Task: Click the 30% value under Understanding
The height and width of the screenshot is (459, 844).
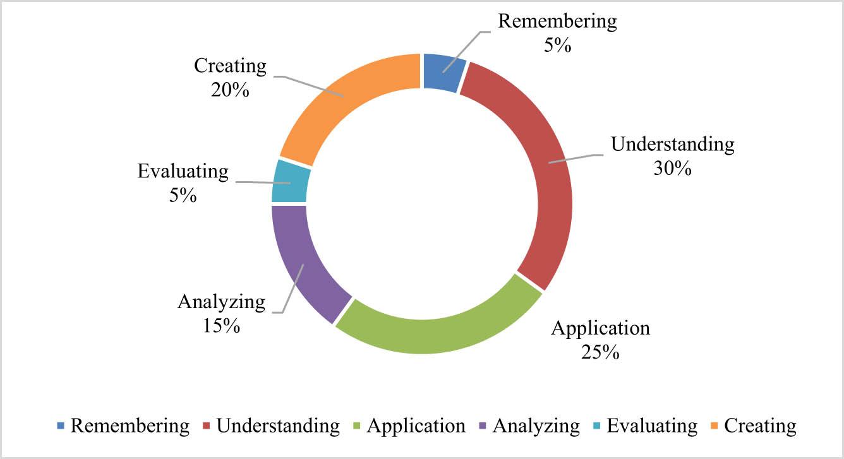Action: pyautogui.click(x=673, y=169)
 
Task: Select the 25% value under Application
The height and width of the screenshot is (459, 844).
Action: pyautogui.click(x=600, y=352)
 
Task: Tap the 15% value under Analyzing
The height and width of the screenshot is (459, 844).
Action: pyautogui.click(x=222, y=326)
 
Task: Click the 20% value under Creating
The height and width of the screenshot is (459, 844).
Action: pyautogui.click(x=230, y=90)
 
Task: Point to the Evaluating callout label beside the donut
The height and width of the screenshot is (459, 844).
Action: pyautogui.click(x=183, y=171)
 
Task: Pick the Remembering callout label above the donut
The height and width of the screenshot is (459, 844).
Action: pyautogui.click(x=558, y=21)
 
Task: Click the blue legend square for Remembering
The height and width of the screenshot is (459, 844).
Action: pyautogui.click(x=61, y=426)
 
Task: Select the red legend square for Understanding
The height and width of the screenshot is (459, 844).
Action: pyautogui.click(x=206, y=426)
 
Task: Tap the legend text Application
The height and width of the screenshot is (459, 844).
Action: pyautogui.click(x=416, y=426)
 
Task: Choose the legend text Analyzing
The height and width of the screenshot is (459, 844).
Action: pyautogui.click(x=536, y=426)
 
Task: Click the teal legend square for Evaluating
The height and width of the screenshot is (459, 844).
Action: pyautogui.click(x=596, y=426)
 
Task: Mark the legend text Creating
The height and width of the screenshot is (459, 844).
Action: pyautogui.click(x=761, y=426)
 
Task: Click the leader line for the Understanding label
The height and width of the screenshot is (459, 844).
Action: pyautogui.click(x=576, y=158)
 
